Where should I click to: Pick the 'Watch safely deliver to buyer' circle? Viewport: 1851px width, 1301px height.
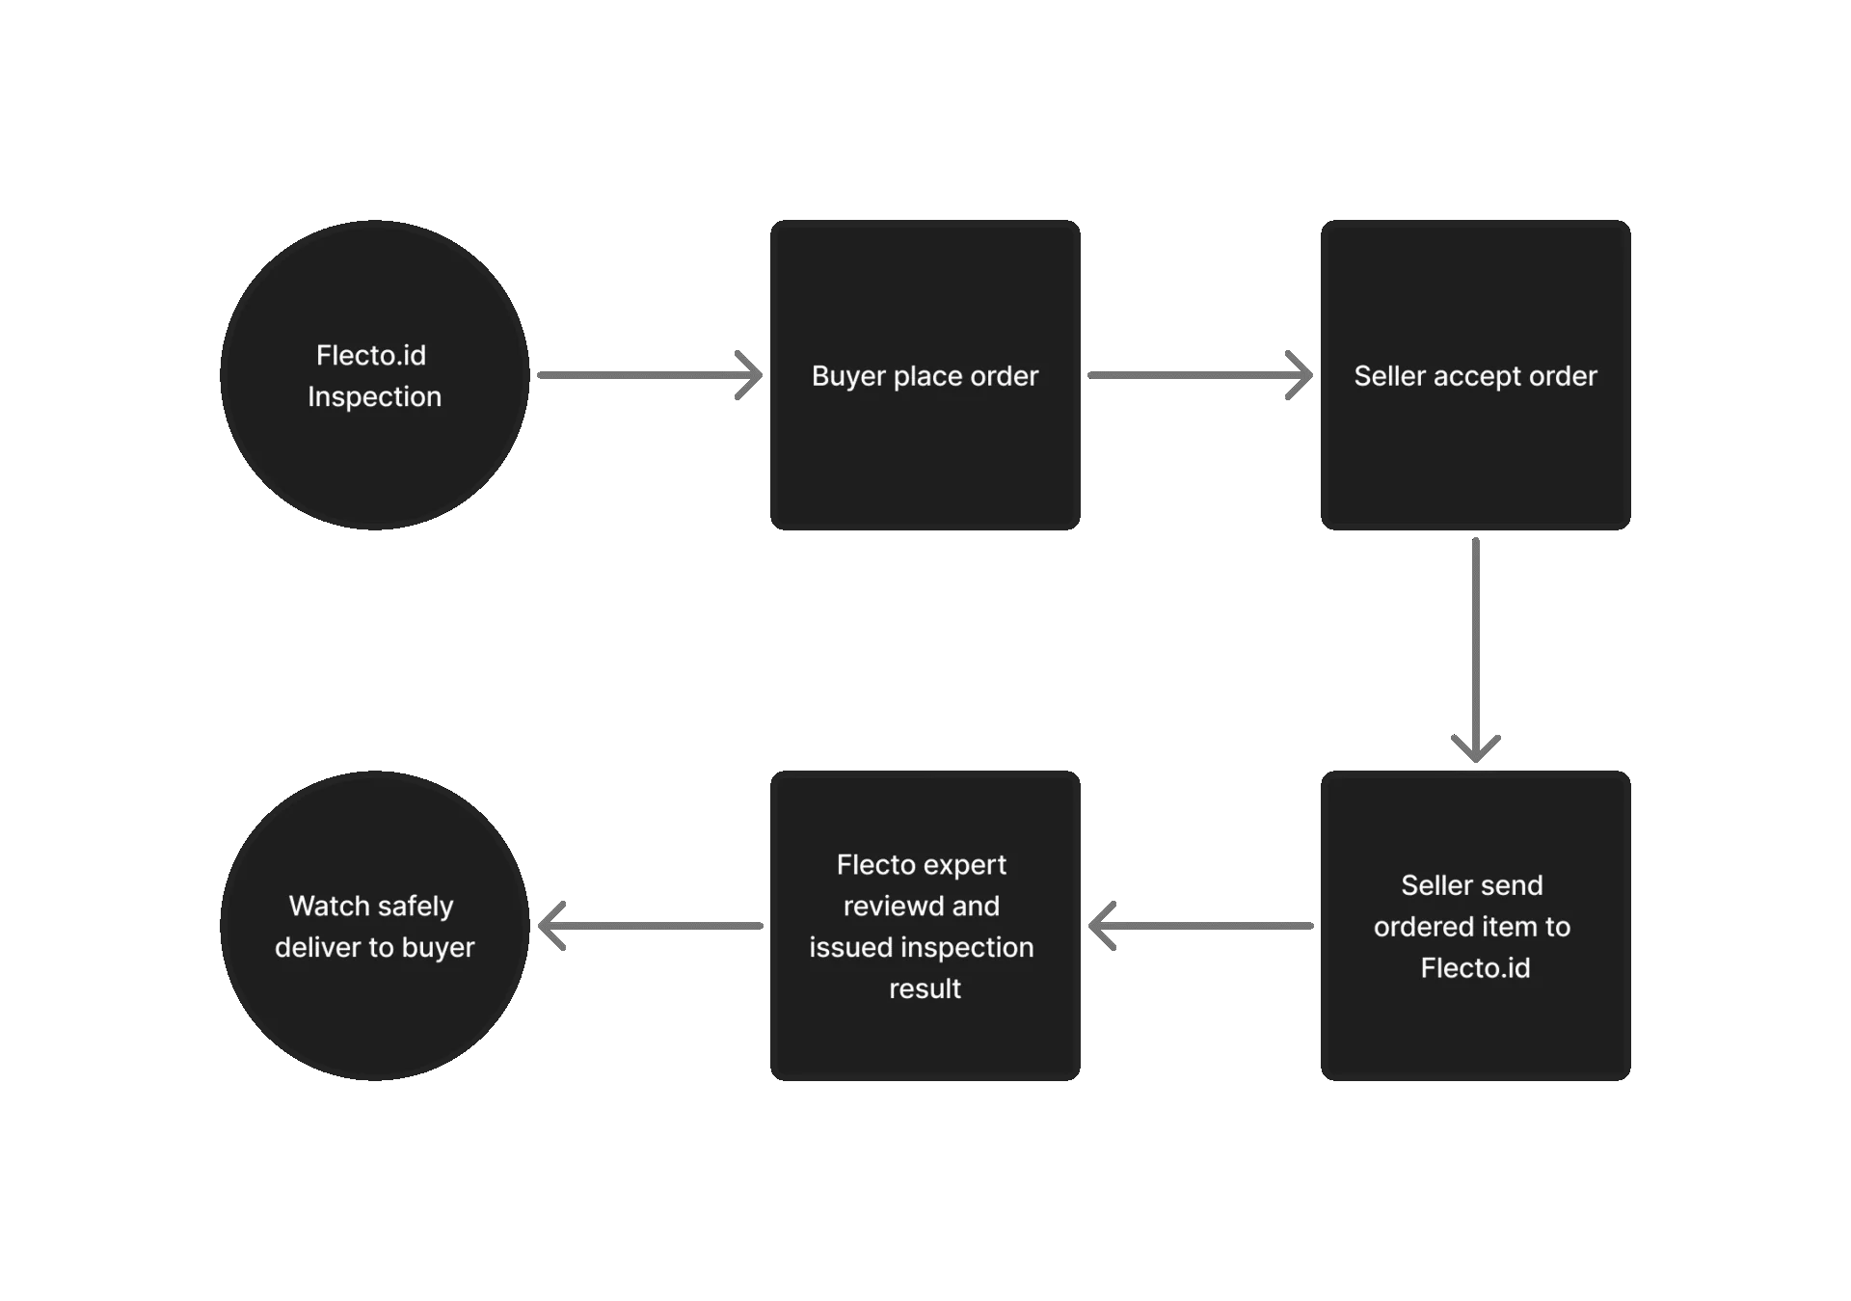click(374, 1013)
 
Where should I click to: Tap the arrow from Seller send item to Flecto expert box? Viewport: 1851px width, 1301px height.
click(1205, 926)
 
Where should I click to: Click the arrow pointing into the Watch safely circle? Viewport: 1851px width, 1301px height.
click(646, 926)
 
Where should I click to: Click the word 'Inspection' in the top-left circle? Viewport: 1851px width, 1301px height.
click(374, 396)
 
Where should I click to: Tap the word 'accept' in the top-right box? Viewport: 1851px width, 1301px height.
click(1473, 376)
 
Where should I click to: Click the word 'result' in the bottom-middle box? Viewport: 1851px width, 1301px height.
click(925, 989)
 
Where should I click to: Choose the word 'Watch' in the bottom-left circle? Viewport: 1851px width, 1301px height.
click(330, 907)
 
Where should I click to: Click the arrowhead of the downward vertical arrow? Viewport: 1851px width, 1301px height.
click(1476, 748)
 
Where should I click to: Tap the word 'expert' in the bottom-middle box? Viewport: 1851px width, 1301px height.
click(967, 865)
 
